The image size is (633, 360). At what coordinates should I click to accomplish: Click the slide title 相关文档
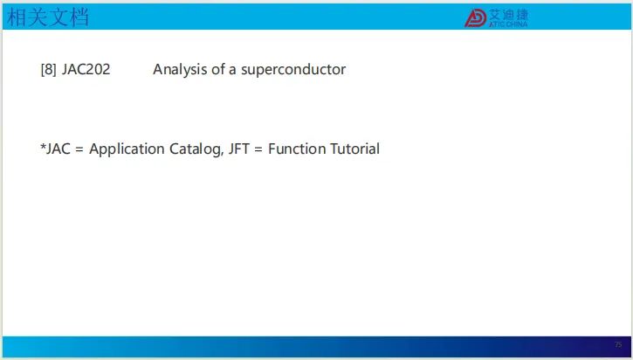(48, 17)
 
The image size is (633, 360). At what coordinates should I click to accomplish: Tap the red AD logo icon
(475, 18)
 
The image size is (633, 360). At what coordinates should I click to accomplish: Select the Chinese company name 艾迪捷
(508, 15)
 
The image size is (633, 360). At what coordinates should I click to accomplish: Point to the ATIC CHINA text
(508, 24)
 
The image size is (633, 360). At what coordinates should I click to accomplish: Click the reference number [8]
(48, 70)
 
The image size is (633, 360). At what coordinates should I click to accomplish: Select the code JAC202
(86, 70)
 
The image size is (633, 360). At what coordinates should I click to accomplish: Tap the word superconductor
(293, 70)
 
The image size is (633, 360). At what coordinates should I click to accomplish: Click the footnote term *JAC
(55, 149)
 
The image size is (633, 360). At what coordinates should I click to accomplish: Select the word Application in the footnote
(127, 149)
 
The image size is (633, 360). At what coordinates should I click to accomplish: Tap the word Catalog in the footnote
(196, 149)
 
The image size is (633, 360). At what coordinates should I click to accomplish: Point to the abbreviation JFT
(239, 149)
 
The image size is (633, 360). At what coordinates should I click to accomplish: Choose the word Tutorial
(354, 149)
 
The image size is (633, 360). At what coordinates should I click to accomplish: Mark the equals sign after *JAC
(79, 149)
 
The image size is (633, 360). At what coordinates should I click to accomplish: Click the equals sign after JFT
(258, 149)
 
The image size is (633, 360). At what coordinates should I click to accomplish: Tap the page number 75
(618, 344)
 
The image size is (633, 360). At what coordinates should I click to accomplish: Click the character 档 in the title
(79, 17)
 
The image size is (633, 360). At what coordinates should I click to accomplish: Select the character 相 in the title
(17, 17)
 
